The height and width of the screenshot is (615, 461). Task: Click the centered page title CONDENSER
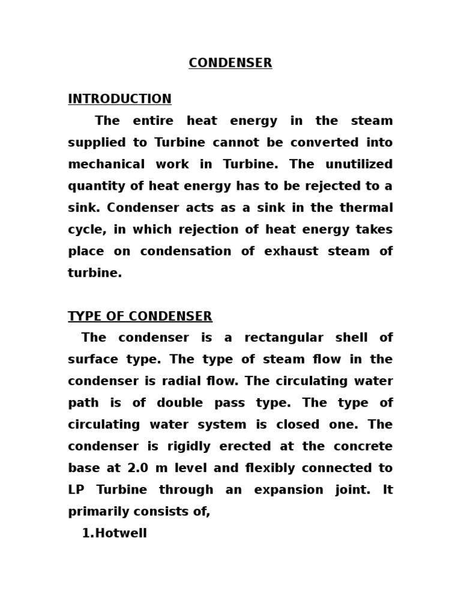point(230,63)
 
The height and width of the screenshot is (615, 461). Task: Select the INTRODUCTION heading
point(119,99)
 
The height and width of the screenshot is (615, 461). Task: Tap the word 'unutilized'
point(362,165)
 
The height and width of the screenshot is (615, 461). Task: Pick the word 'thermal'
point(370,208)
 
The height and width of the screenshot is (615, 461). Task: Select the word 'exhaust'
point(288,251)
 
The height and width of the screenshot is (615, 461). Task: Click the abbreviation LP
point(76,489)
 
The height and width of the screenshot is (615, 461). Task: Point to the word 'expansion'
point(285,489)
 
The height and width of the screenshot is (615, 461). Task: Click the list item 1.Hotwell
point(114,533)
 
